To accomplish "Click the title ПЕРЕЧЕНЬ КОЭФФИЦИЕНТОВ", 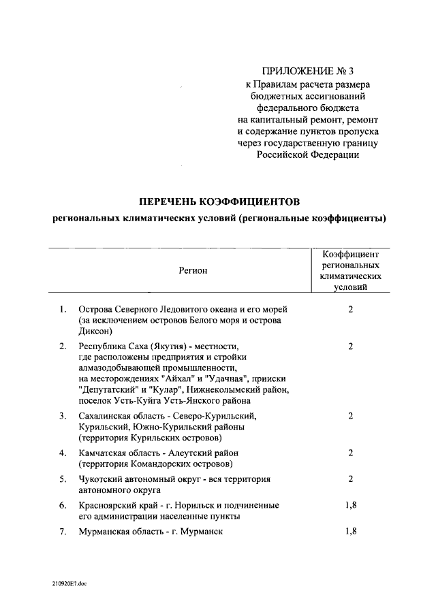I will point(219,201).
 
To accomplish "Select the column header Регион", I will point(193,271).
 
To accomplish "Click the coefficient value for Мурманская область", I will point(351,532).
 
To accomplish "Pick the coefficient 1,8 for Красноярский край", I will point(351,505).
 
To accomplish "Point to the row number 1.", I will point(62,309).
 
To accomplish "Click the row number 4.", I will point(62,453).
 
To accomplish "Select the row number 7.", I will point(62,532).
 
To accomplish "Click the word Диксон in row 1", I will point(95,331).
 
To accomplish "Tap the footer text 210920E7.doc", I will point(69,583).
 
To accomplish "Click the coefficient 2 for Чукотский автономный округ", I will point(351,479).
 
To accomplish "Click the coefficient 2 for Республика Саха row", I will point(351,346).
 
